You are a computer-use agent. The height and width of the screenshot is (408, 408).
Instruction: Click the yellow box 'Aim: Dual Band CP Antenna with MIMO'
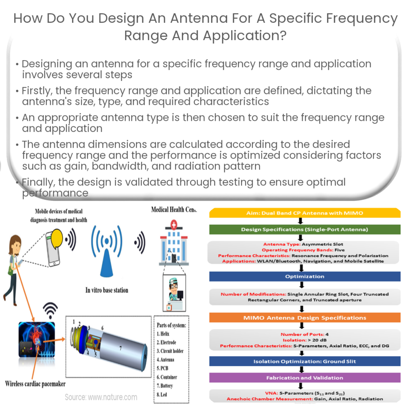pos(304,213)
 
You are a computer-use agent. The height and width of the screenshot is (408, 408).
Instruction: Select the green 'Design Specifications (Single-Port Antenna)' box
pos(304,229)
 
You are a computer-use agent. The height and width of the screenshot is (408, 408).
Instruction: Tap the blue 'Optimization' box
pos(304,276)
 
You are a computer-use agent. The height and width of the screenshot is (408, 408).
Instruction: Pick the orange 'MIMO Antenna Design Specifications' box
pos(304,318)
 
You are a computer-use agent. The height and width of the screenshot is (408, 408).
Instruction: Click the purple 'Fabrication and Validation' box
pos(304,377)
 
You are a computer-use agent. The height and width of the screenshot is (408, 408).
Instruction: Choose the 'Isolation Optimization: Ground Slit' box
pos(304,361)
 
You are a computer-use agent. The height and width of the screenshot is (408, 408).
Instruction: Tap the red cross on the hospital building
pos(174,226)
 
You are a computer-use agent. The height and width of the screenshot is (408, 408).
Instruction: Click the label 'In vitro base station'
pos(107,290)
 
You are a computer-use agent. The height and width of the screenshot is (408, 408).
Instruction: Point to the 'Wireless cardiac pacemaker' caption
pos(36,384)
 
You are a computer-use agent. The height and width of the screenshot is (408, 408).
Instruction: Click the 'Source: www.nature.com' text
pos(101,397)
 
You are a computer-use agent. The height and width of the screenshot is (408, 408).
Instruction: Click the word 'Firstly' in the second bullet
pos(38,91)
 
